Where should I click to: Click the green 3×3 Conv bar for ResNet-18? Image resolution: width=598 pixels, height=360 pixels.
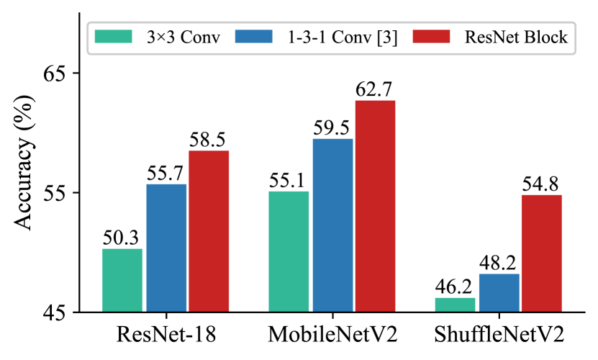(x=122, y=281)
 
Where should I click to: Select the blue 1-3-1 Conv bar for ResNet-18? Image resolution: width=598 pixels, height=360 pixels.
(x=166, y=248)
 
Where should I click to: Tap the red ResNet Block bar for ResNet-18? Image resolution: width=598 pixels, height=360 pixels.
(x=209, y=231)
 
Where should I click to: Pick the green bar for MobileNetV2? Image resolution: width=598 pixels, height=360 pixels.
(x=289, y=251)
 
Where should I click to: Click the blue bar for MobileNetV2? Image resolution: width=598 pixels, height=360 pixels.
(x=332, y=225)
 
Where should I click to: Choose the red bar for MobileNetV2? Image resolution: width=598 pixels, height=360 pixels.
(x=376, y=206)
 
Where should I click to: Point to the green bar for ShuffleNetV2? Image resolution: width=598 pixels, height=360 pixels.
(x=455, y=305)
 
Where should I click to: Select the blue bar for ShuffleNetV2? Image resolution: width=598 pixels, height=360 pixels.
(x=499, y=293)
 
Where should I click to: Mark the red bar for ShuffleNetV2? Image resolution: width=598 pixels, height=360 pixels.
(x=542, y=253)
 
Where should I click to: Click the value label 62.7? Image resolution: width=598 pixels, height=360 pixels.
(x=375, y=90)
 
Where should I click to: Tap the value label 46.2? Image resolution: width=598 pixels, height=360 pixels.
(x=455, y=287)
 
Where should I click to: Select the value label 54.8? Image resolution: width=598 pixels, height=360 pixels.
(x=542, y=184)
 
